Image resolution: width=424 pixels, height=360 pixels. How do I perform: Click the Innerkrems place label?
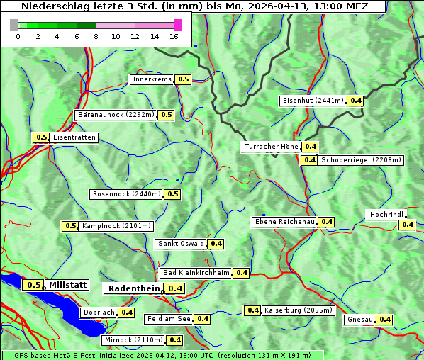[152, 79]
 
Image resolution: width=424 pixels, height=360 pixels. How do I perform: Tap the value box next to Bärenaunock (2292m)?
[167, 115]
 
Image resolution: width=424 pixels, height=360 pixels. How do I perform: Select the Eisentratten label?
[74, 137]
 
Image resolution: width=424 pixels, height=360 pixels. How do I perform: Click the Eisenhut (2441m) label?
[312, 101]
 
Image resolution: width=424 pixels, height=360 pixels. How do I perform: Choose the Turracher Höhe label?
[271, 147]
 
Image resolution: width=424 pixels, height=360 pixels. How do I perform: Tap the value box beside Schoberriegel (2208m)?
[310, 160]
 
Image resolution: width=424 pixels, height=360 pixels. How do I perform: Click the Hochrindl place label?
[386, 215]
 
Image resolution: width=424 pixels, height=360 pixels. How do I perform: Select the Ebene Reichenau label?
[284, 222]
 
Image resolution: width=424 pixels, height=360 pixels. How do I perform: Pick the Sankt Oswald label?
[181, 244]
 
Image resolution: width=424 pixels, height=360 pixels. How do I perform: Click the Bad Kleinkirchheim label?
[196, 273]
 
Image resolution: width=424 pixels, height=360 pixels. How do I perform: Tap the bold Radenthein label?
[134, 288]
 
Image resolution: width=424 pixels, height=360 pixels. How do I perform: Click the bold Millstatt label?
[68, 285]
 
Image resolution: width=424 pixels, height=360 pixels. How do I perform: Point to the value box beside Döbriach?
[126, 313]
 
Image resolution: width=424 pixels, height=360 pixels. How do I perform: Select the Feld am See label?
[169, 319]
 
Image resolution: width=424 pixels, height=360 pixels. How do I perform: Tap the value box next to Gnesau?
[384, 320]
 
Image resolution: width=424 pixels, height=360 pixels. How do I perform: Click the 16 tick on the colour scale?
[174, 36]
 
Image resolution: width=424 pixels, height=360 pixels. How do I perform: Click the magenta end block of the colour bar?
[177, 25]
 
